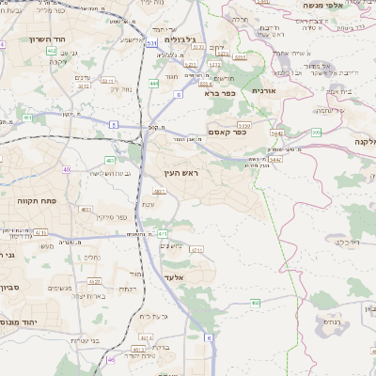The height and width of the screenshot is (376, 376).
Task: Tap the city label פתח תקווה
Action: click(x=32, y=201)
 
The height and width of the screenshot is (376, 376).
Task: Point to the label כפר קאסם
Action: click(x=227, y=132)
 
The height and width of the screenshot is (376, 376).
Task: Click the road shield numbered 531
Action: click(x=152, y=43)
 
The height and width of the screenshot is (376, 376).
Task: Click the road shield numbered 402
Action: click(x=51, y=50)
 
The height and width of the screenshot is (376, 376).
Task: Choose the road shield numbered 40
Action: click(x=66, y=169)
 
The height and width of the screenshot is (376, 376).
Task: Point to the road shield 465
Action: click(x=255, y=302)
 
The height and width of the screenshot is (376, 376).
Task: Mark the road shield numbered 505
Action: click(x=316, y=133)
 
